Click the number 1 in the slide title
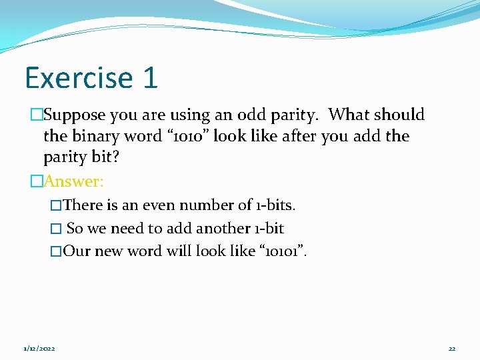[150, 77]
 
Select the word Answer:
[73, 181]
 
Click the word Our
[77, 251]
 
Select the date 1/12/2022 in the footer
[39, 348]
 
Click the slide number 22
[452, 348]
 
